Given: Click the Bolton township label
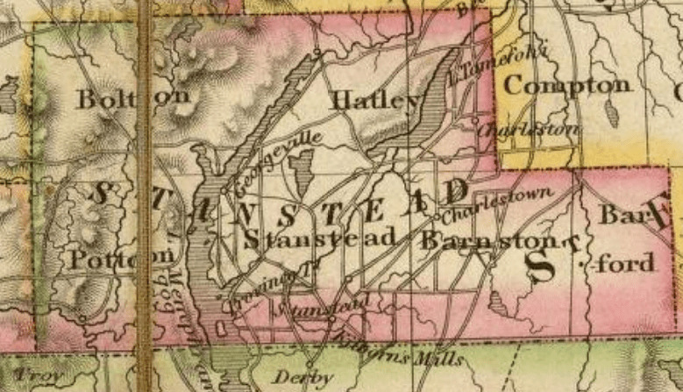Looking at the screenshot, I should (x=132, y=98).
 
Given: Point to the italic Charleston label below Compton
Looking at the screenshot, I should (x=530, y=129).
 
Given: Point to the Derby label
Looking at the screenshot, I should (x=303, y=378).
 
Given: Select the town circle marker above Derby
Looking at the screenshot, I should (x=310, y=362).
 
